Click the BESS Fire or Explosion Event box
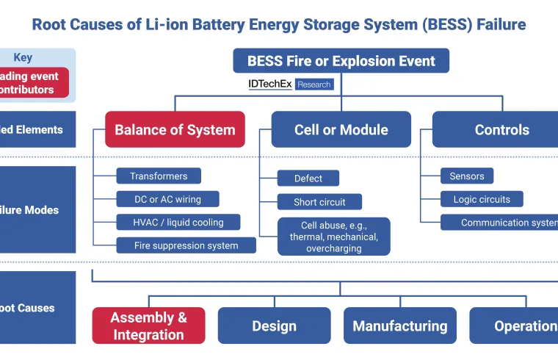click(341, 61)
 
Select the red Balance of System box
click(175, 130)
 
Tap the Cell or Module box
click(341, 130)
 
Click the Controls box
click(501, 130)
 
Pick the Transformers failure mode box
click(159, 176)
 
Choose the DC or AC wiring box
click(167, 199)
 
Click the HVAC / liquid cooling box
click(179, 222)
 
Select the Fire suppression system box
click(186, 245)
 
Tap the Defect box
click(308, 179)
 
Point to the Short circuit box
click(319, 202)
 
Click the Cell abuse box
click(333, 237)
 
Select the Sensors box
click(467, 176)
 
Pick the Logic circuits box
click(482, 199)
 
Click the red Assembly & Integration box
click(148, 325)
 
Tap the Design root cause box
click(274, 326)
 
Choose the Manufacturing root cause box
click(399, 326)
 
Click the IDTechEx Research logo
click(291, 84)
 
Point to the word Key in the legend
click(23, 58)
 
